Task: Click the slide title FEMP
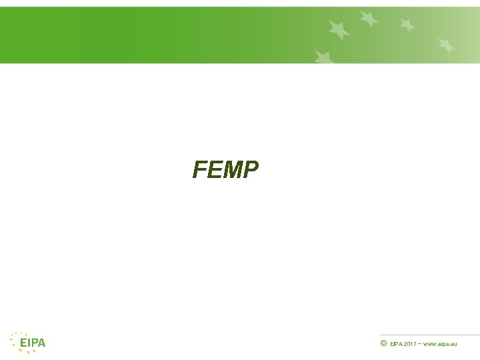pyautogui.click(x=225, y=171)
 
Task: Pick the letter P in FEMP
pyautogui.click(x=249, y=171)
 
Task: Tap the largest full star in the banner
pyautogui.click(x=339, y=29)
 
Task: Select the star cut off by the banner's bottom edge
pyautogui.click(x=324, y=57)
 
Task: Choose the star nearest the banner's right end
pyautogui.click(x=446, y=45)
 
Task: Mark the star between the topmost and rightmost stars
pyautogui.click(x=407, y=25)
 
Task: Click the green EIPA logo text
pyautogui.click(x=32, y=343)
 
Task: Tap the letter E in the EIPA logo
pyautogui.click(x=23, y=343)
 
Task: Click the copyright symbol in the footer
pyautogui.click(x=383, y=343)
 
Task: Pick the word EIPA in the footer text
pyautogui.click(x=396, y=344)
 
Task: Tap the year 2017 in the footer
pyautogui.click(x=409, y=344)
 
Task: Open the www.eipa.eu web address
pyautogui.click(x=440, y=344)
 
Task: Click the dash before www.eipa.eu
pyautogui.click(x=420, y=343)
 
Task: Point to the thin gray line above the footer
pyautogui.click(x=430, y=335)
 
